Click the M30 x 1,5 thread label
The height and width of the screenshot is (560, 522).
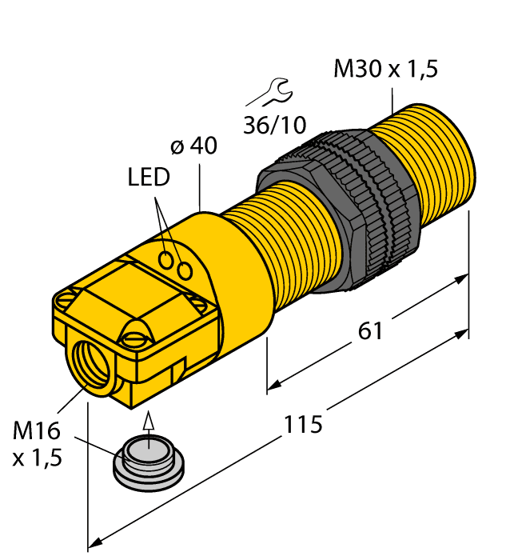385,70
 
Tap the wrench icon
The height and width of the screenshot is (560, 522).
271,92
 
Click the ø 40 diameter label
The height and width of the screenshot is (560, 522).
193,146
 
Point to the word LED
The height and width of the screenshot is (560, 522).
149,178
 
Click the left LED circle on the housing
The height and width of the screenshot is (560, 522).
167,259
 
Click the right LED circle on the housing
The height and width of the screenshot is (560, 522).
185,272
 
